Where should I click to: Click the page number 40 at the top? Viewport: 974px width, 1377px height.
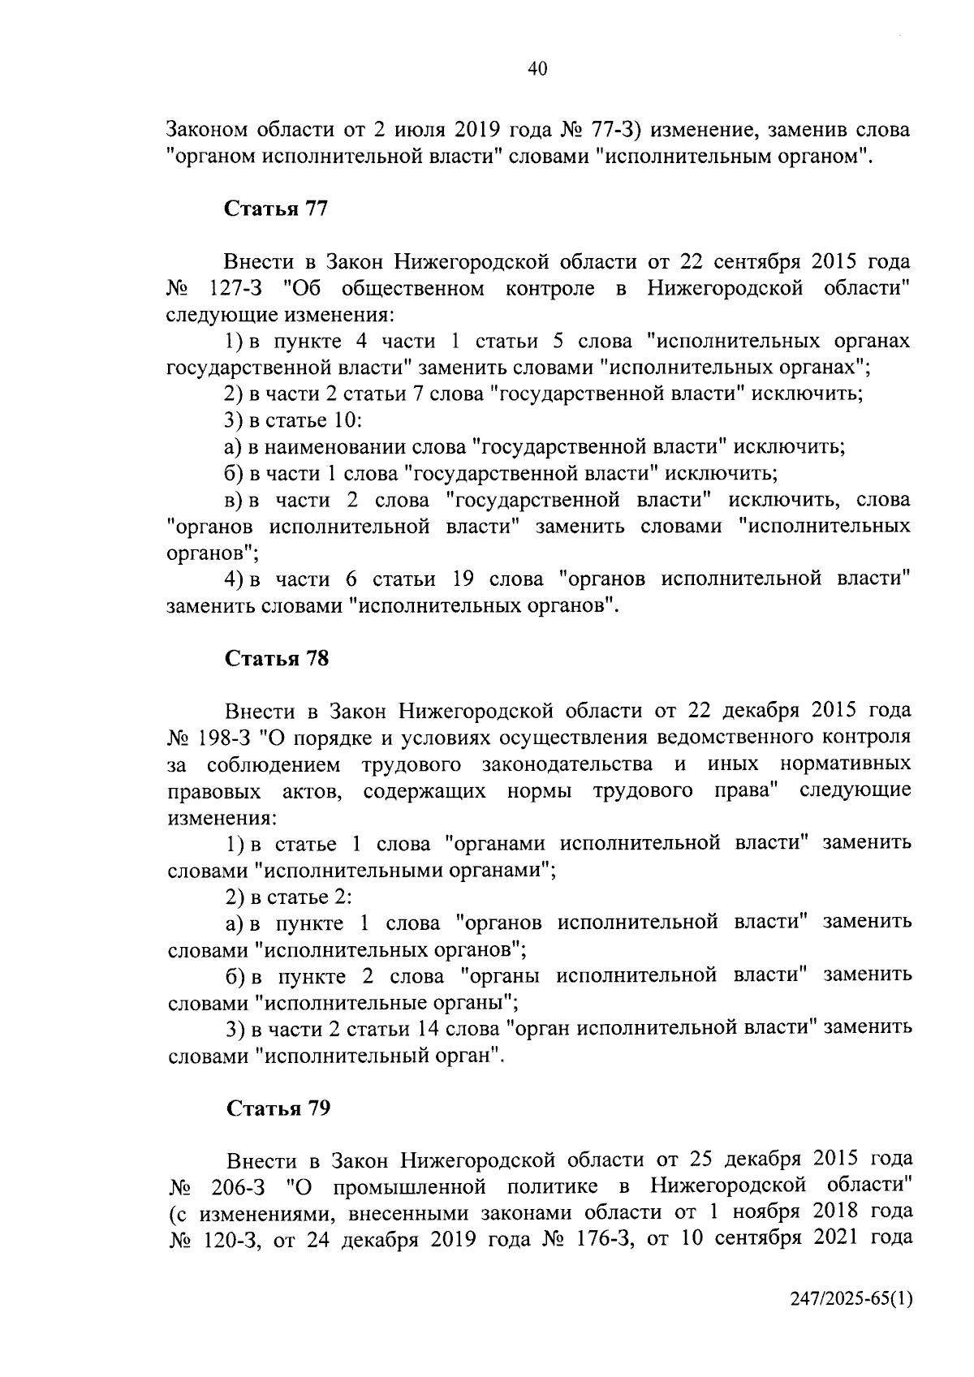pyautogui.click(x=537, y=69)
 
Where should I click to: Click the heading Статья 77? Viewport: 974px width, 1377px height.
pyautogui.click(x=275, y=209)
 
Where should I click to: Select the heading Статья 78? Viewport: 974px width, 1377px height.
pyautogui.click(x=277, y=658)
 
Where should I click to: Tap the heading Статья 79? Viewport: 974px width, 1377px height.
pyautogui.click(x=278, y=1108)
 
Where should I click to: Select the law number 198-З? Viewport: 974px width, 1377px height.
pyautogui.click(x=230, y=738)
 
